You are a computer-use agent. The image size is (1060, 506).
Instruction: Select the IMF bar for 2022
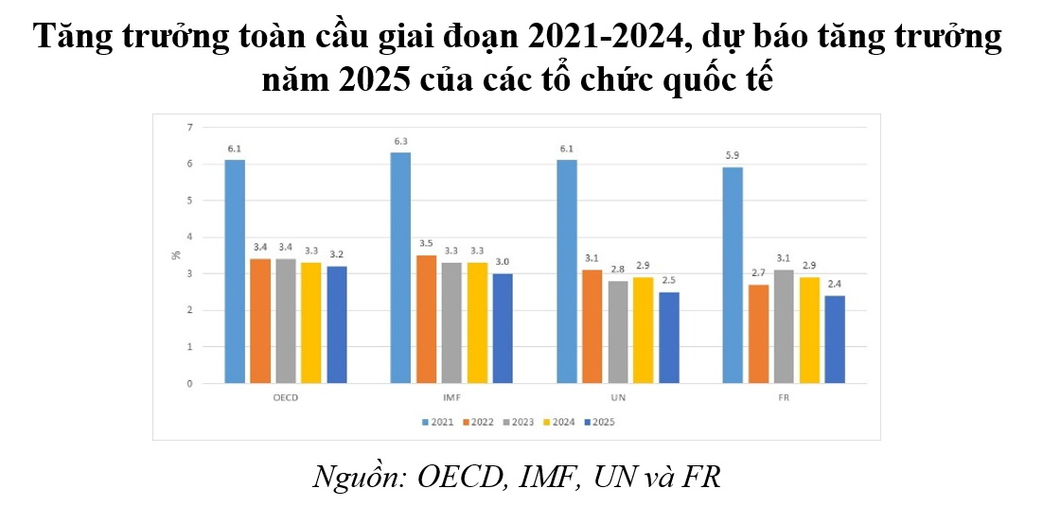pos(426,319)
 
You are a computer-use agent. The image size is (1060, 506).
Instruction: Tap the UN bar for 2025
pos(669,338)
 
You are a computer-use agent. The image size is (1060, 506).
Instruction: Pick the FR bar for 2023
pos(784,326)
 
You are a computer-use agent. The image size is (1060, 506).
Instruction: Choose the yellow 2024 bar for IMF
pos(477,323)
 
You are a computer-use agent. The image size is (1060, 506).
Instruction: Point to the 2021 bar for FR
pos(733,275)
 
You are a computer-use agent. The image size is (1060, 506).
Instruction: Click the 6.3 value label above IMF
pos(401,143)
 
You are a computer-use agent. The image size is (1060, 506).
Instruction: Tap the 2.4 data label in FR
pos(834,286)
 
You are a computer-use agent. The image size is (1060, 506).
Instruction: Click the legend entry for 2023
pos(519,422)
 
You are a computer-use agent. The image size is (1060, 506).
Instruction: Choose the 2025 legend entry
pos(598,422)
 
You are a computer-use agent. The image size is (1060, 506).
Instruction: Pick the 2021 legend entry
pos(439,422)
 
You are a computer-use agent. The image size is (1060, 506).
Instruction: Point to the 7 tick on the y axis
pos(189,127)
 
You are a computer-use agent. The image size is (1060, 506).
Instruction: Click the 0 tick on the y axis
pos(189,384)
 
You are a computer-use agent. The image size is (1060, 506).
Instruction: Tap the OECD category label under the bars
pos(285,398)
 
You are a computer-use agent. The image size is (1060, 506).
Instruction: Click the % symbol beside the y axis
pos(175,255)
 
